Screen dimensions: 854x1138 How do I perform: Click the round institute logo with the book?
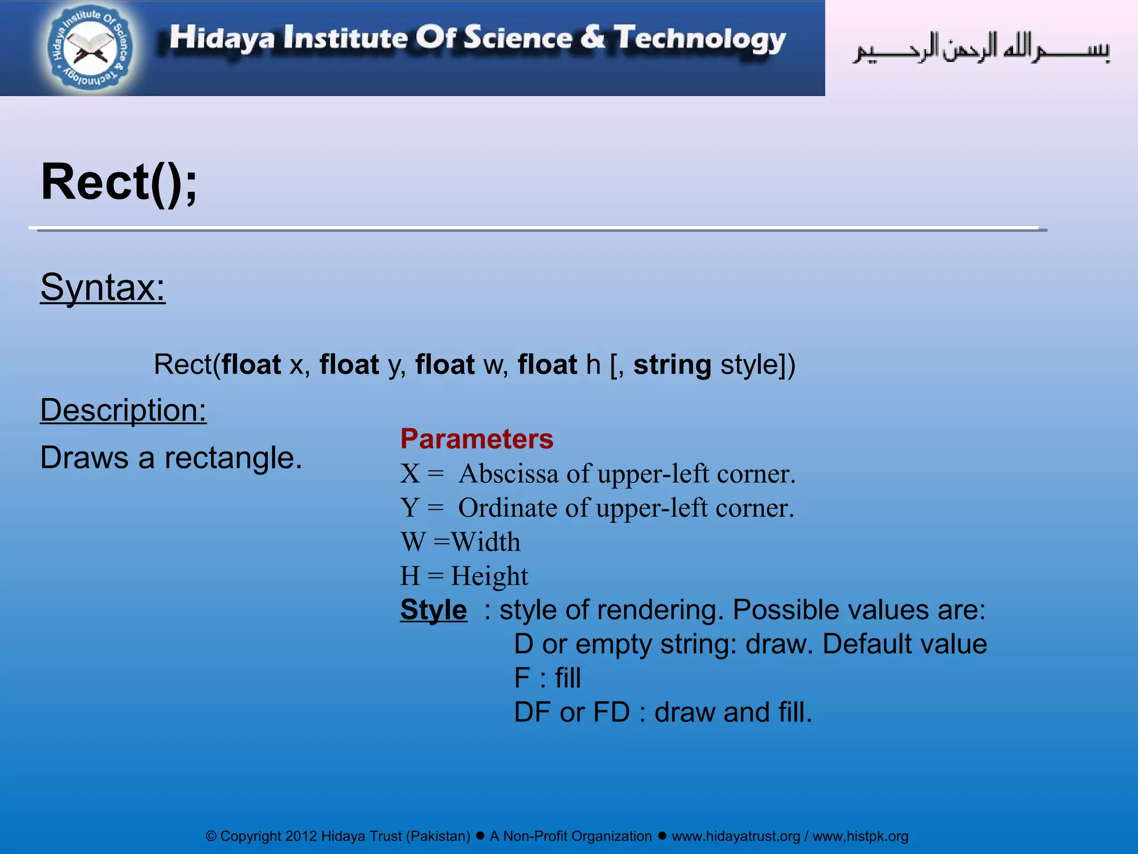[91, 48]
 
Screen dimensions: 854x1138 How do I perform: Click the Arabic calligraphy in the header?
[981, 49]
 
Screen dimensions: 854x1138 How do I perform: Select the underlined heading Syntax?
[103, 287]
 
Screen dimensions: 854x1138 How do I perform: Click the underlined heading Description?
[123, 410]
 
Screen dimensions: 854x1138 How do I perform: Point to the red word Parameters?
[477, 439]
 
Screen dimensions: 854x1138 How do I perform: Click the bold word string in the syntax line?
[672, 365]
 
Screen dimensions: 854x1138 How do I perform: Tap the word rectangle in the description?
[233, 459]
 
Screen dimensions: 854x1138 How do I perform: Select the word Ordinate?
[507, 508]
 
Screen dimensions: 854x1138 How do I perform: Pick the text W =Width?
[461, 542]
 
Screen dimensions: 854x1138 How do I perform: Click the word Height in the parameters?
[489, 576]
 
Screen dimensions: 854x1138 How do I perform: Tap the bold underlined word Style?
[433, 610]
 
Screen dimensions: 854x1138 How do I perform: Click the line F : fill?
[547, 678]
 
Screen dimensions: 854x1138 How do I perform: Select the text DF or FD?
[572, 712]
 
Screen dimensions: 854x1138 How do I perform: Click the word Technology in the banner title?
[700, 39]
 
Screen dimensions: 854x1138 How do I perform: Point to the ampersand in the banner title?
[592, 37]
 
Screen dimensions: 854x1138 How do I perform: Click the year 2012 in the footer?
[301, 836]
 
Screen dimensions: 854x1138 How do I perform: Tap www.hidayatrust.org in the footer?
[736, 836]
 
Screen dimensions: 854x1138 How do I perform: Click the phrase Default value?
[904, 644]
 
